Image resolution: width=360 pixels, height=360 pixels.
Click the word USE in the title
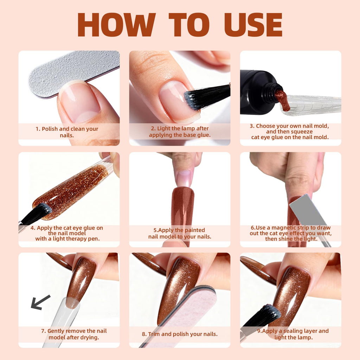[x=253, y=25]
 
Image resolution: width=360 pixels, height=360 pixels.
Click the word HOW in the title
[x=117, y=25]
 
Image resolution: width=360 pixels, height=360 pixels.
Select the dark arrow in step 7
[x=40, y=302]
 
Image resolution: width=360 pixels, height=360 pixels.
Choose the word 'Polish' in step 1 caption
[x=50, y=129]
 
